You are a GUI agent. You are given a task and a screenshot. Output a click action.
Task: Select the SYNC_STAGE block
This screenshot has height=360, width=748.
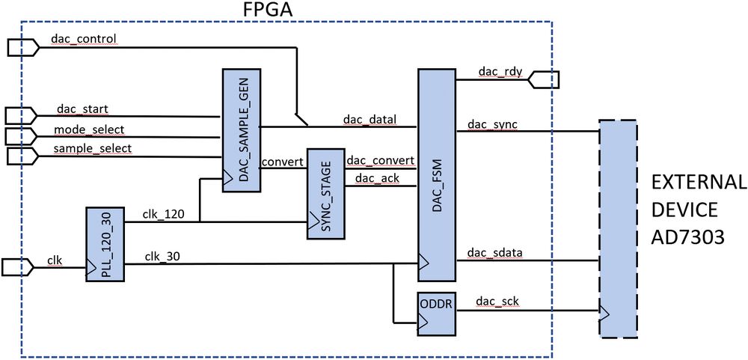pos(325,194)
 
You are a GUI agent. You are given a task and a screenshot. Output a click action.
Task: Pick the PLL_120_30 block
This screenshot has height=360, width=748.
pos(105,245)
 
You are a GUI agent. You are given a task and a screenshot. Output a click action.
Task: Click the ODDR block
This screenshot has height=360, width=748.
pos(435,313)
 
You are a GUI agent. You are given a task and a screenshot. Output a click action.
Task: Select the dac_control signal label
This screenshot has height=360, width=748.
pos(83,37)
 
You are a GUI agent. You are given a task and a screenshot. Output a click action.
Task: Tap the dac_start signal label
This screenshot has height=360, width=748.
pos(78,109)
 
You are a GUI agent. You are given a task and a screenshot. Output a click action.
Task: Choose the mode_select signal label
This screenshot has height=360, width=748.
pos(89,129)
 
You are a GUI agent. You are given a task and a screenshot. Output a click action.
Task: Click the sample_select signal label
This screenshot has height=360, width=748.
pos(92,148)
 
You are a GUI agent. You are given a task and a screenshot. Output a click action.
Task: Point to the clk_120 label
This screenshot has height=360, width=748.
pos(164,213)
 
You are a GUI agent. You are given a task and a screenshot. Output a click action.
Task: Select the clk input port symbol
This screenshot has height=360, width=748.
pos(17,266)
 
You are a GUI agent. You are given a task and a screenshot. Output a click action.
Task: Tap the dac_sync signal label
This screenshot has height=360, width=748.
pos(492,123)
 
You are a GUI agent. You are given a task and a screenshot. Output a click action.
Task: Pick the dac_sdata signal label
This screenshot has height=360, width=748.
pos(494,253)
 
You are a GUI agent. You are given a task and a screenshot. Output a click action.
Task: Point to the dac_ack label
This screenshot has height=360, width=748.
pos(375,178)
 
